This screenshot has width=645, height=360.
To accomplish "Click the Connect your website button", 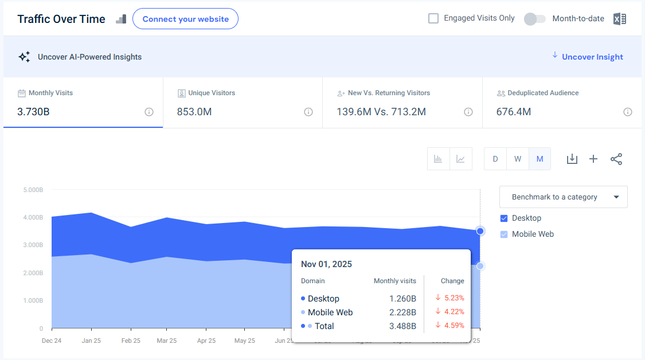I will (x=185, y=19).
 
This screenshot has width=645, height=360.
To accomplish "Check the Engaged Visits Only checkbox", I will (x=433, y=18).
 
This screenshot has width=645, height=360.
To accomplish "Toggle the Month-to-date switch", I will (x=534, y=19).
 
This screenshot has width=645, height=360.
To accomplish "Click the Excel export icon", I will (x=619, y=19).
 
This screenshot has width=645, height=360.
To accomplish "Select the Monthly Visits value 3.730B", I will (x=33, y=112).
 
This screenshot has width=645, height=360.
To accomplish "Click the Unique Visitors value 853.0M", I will (x=194, y=112).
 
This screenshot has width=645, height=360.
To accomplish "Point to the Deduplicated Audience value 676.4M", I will (x=514, y=112).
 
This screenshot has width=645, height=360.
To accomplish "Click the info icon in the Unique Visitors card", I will (x=308, y=112).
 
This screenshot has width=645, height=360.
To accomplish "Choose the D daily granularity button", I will (x=495, y=159).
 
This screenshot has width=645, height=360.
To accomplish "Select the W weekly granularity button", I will (x=518, y=159).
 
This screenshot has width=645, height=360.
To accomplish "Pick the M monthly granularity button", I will (x=540, y=159).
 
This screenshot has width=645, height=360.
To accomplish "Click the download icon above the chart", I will (x=572, y=159).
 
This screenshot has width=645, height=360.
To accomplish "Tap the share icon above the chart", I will (x=616, y=159).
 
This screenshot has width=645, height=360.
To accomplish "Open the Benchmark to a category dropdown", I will (x=563, y=197).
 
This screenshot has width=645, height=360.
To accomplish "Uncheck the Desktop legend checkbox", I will (x=504, y=218).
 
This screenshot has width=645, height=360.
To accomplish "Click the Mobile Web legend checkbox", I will (x=504, y=234).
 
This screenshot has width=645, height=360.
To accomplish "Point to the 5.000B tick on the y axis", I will (x=33, y=190).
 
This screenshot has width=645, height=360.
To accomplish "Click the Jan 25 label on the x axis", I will (x=91, y=341).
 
